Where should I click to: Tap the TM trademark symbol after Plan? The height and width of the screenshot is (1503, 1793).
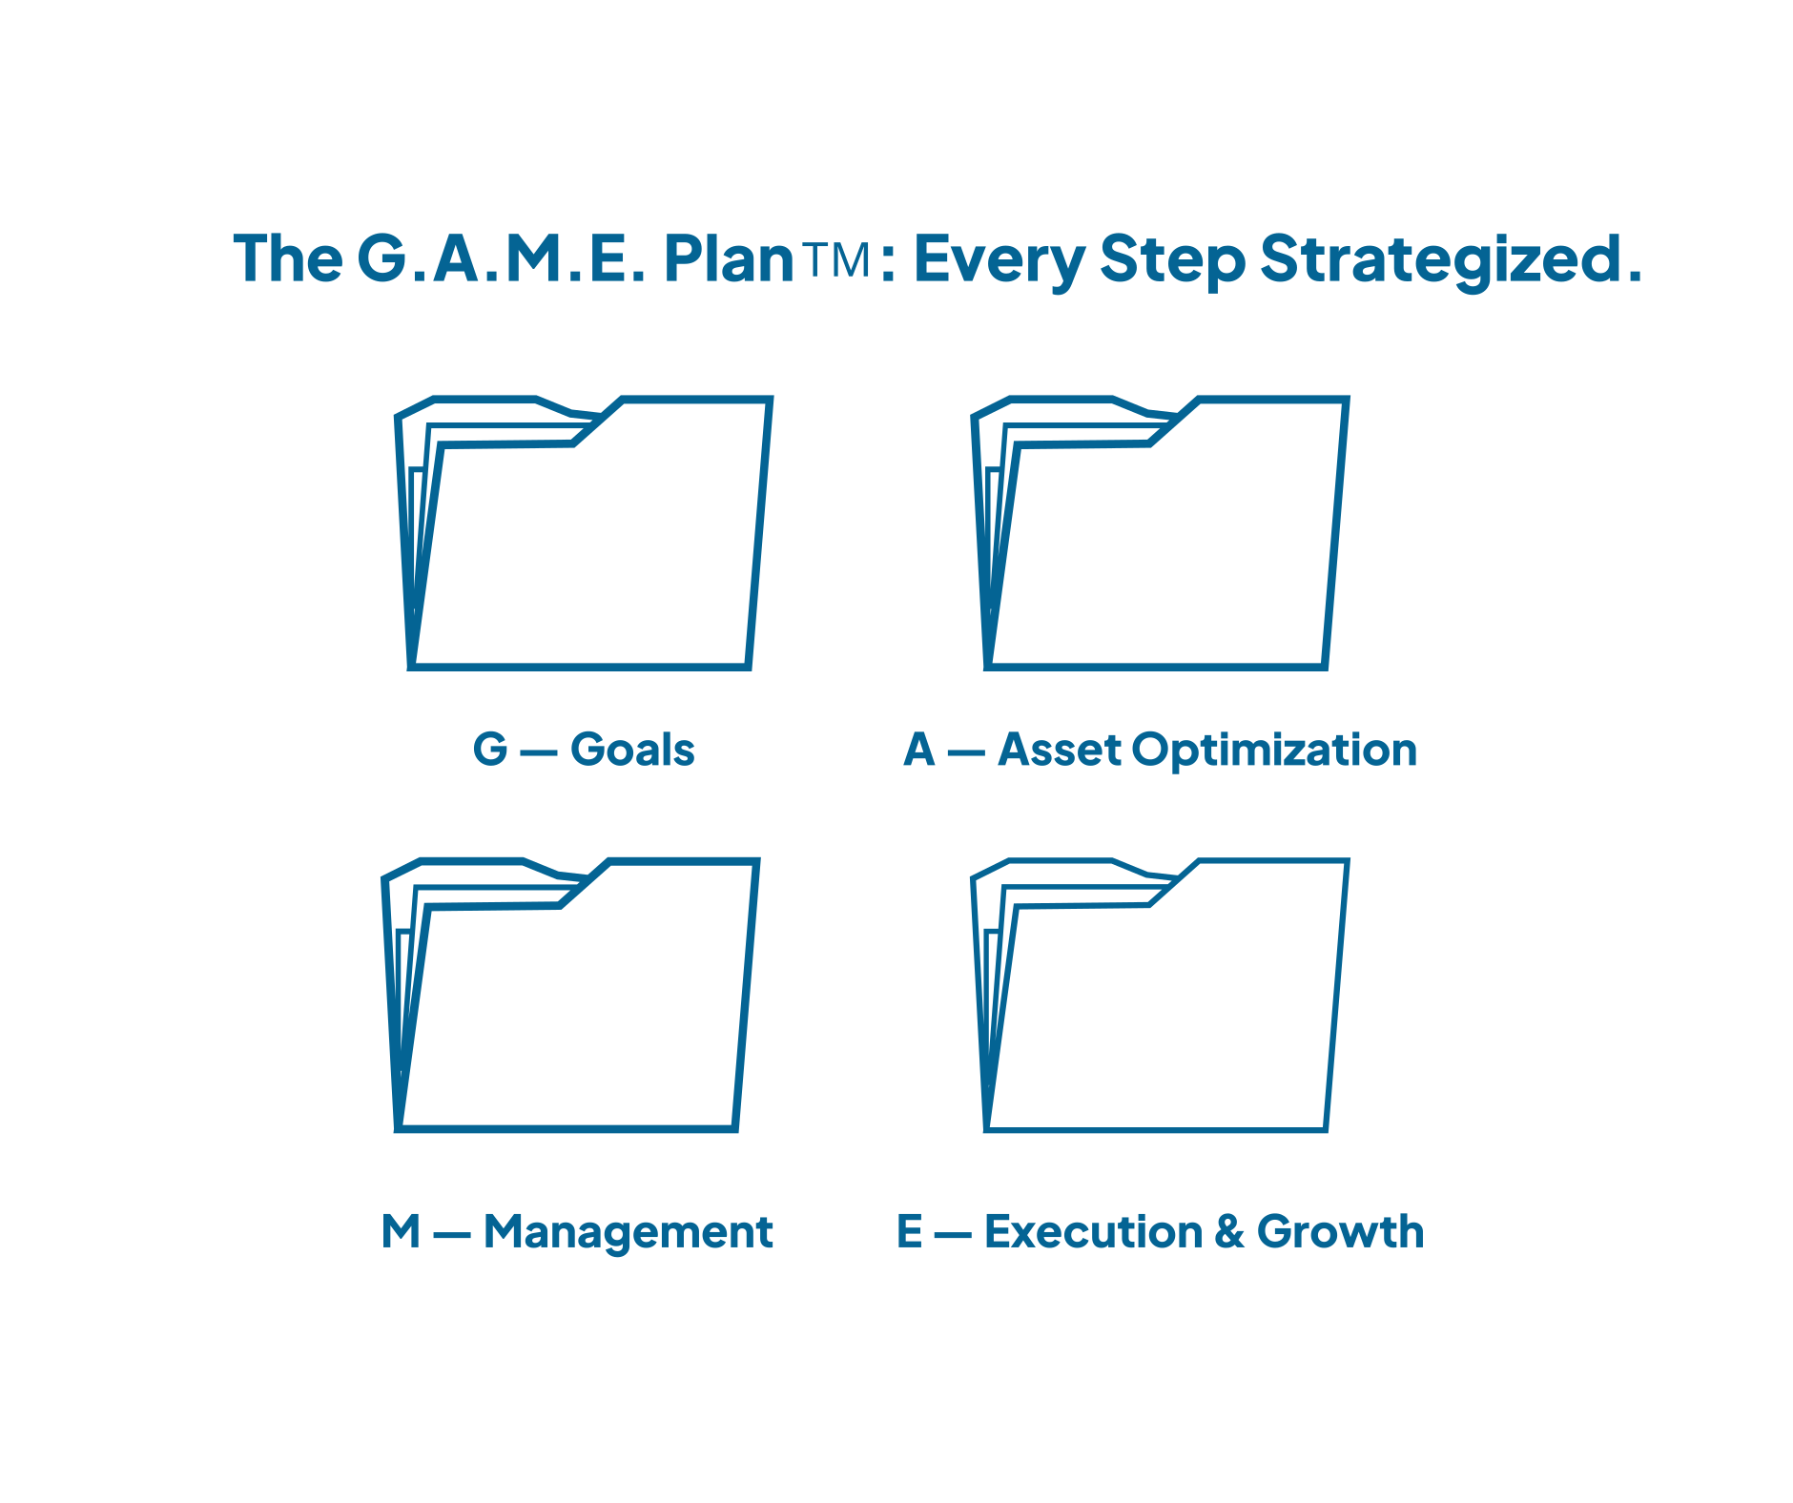click(x=836, y=259)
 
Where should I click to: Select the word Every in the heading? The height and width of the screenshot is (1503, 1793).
click(x=999, y=259)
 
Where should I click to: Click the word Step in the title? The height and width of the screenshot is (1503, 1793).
click(x=1172, y=259)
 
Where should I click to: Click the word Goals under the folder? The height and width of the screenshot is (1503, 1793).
click(x=632, y=750)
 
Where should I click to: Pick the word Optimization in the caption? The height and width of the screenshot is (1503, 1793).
click(x=1274, y=751)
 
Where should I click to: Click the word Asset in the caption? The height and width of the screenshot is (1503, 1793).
click(x=1059, y=750)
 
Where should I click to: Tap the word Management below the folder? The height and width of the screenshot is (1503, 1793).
click(x=628, y=1232)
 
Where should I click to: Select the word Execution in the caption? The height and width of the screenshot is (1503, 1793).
click(x=1093, y=1231)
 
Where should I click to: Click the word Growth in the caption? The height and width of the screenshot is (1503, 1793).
click(x=1340, y=1231)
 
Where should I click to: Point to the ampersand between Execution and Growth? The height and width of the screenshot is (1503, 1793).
click(x=1229, y=1231)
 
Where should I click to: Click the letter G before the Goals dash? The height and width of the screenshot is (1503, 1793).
click(x=490, y=750)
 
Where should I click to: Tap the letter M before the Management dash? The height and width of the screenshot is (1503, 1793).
click(x=401, y=1231)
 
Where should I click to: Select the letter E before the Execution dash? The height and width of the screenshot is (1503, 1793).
click(x=909, y=1231)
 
